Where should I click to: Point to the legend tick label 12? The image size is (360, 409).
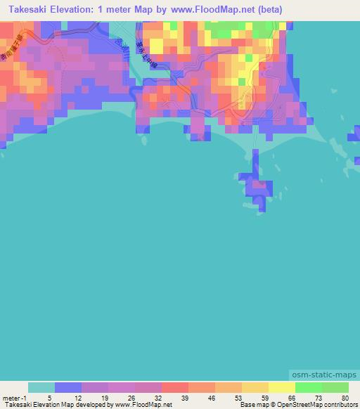pos(82,398)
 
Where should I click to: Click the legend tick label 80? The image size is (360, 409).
pos(344,398)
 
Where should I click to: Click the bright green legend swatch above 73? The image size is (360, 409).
pos(309,387)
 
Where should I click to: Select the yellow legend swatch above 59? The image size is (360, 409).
pos(255,387)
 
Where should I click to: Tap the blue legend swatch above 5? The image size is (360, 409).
pos(68,387)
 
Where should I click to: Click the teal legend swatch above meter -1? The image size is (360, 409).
pos(41,387)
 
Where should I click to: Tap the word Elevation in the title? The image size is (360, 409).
pos(79,11)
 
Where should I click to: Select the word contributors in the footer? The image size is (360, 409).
pos(341,405)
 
